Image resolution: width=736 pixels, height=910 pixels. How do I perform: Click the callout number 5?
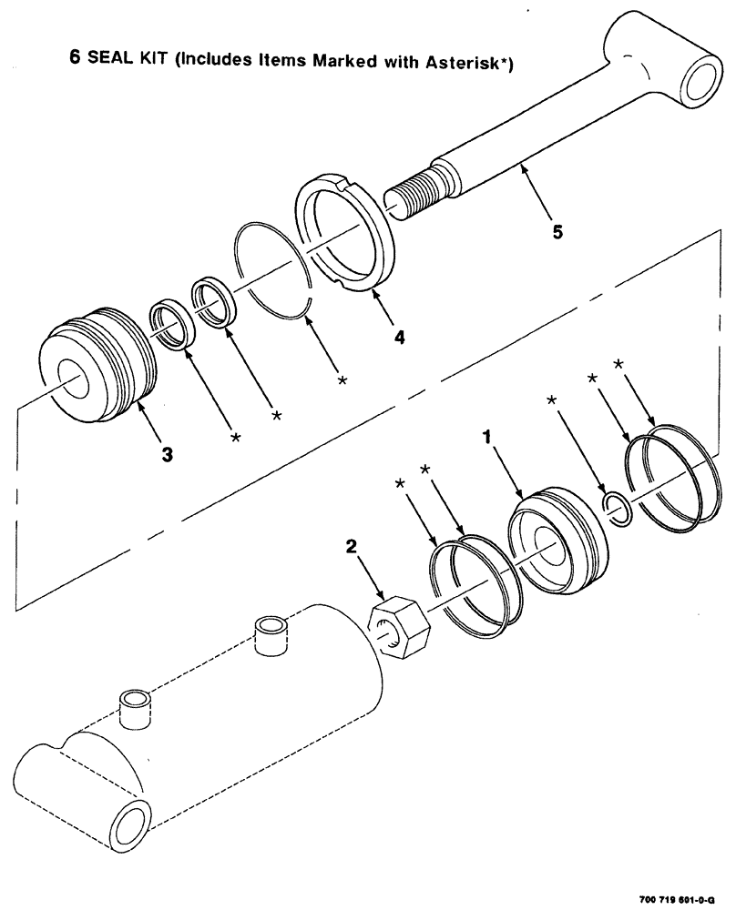point(557,232)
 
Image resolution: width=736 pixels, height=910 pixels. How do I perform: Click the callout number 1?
point(487,438)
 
